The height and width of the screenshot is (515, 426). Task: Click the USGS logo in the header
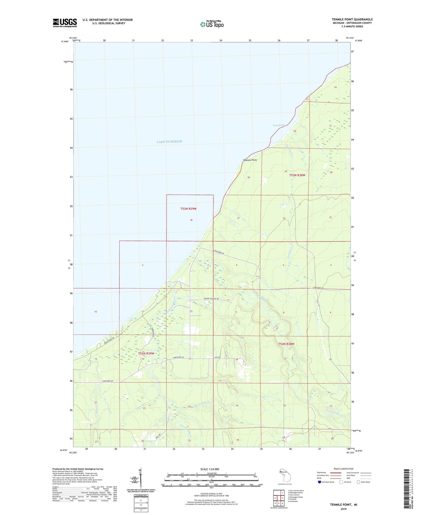tap(65, 23)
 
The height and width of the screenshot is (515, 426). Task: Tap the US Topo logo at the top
tap(212, 24)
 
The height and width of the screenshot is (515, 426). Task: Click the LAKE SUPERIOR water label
tap(169, 141)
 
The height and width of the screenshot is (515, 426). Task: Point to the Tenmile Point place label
tap(250, 160)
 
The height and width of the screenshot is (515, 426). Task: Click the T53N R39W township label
tap(188, 209)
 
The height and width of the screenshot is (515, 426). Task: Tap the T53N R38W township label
tap(297, 175)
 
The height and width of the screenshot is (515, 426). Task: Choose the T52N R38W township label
tap(286, 344)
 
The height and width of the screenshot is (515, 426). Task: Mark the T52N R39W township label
tap(146, 353)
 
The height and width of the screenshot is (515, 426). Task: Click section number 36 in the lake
tap(191, 220)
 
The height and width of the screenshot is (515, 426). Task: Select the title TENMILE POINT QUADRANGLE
tap(352, 19)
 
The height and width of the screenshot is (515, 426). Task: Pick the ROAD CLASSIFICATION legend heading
tap(344, 469)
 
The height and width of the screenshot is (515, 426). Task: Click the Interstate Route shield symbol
tap(319, 482)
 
